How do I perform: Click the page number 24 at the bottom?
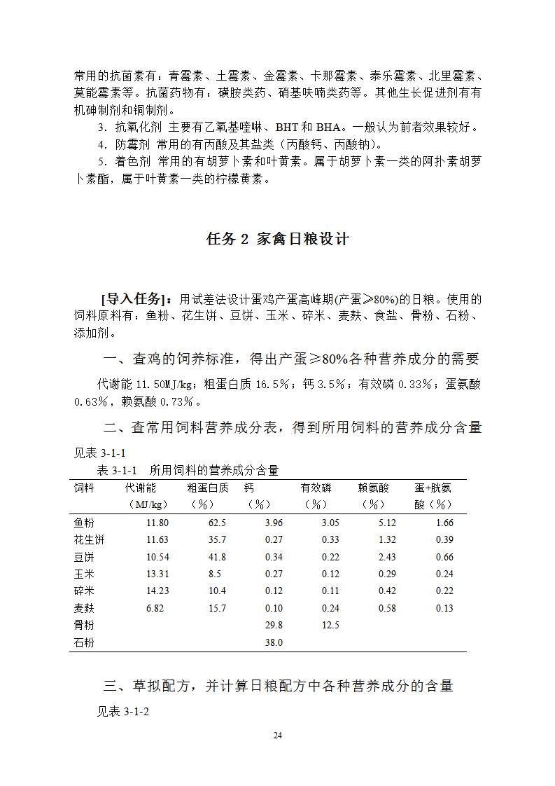[x=277, y=735]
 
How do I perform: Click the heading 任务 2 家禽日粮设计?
[x=277, y=239]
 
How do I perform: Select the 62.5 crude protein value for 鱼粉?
[x=217, y=523]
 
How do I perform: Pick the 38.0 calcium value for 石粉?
[x=274, y=642]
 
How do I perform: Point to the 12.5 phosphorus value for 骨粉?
[x=330, y=625]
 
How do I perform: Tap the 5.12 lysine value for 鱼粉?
[x=386, y=523]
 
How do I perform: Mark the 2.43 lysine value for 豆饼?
[x=386, y=557]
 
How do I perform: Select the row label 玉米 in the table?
[x=84, y=574]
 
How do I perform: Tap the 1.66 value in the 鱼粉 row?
[x=444, y=523]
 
